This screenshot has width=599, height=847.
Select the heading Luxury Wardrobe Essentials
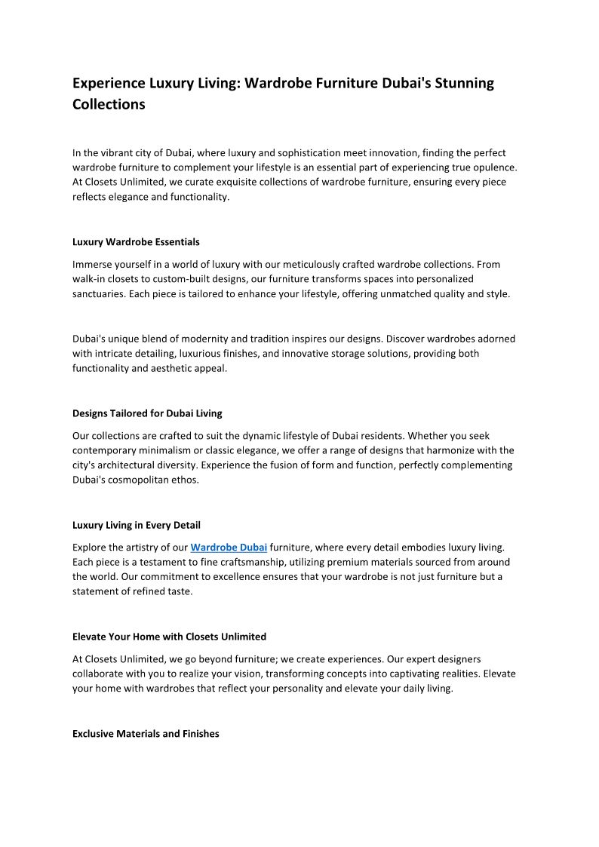(136, 242)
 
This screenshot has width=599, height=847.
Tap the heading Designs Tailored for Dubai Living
(147, 413)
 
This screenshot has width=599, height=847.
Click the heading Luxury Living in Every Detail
(136, 525)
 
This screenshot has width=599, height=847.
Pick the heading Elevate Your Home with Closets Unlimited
(169, 637)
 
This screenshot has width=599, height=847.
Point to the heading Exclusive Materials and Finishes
(146, 733)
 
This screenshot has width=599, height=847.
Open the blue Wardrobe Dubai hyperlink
(229, 547)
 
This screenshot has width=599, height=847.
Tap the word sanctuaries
(100, 294)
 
